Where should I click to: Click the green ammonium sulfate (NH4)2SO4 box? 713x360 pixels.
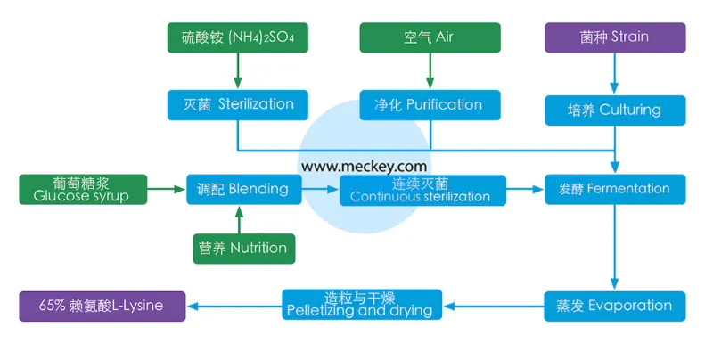(237, 37)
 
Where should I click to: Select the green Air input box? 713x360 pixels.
(430, 37)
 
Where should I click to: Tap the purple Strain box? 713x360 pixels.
(615, 37)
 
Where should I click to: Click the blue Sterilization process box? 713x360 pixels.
(237, 104)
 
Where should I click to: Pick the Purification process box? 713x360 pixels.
(430, 104)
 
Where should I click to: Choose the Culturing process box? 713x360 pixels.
(615, 110)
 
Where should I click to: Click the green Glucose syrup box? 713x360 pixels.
(81, 189)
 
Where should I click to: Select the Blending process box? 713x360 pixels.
(243, 189)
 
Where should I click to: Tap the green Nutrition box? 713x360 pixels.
(243, 248)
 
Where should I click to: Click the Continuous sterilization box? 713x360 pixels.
(422, 190)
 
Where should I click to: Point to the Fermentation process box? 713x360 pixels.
(615, 189)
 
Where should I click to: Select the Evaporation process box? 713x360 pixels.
(615, 306)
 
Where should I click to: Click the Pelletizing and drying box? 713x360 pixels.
(362, 305)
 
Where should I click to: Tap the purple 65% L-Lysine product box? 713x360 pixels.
(103, 306)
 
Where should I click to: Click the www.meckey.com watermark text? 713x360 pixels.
(364, 166)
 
